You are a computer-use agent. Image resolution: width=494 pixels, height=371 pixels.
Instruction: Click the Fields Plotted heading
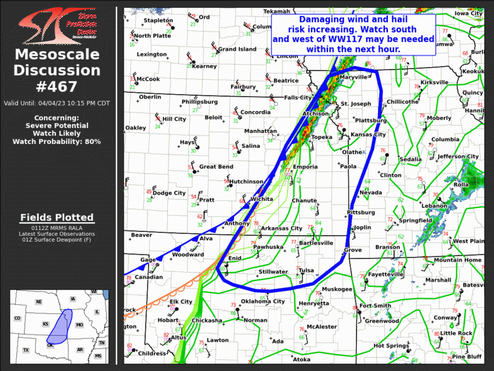[x=57, y=217]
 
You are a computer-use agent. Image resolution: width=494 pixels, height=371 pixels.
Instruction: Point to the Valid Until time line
[x=57, y=103]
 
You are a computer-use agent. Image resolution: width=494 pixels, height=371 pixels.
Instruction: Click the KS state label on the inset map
[x=46, y=324]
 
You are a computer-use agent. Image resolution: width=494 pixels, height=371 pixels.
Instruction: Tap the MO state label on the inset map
[x=79, y=325]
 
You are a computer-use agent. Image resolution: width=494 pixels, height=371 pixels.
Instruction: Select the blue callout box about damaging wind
[x=353, y=35]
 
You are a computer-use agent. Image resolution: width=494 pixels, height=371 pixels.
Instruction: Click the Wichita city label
[x=261, y=199]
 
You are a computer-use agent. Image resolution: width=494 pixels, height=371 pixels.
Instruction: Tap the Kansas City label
[x=369, y=134]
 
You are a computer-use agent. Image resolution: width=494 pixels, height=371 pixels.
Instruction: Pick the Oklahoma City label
[x=262, y=302]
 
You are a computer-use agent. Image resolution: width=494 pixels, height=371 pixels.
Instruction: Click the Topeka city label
[x=321, y=137]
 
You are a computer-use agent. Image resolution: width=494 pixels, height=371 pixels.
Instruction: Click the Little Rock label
[x=456, y=333]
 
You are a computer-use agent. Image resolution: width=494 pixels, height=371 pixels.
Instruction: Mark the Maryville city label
[x=353, y=78]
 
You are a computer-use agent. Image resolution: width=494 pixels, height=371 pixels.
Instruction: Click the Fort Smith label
[x=375, y=305]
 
